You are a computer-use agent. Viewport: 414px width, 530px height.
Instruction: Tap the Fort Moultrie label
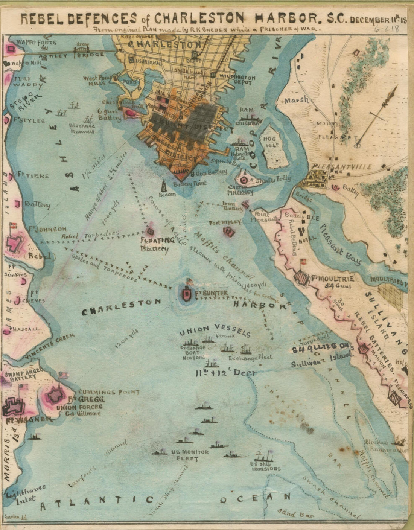point(332,279)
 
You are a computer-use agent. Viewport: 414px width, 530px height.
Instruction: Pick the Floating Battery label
point(157,244)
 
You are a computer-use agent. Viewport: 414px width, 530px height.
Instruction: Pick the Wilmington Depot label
point(238,80)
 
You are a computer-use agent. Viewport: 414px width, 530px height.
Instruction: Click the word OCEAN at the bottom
point(256,498)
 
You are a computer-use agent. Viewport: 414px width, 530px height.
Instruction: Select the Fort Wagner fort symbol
point(14,407)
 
